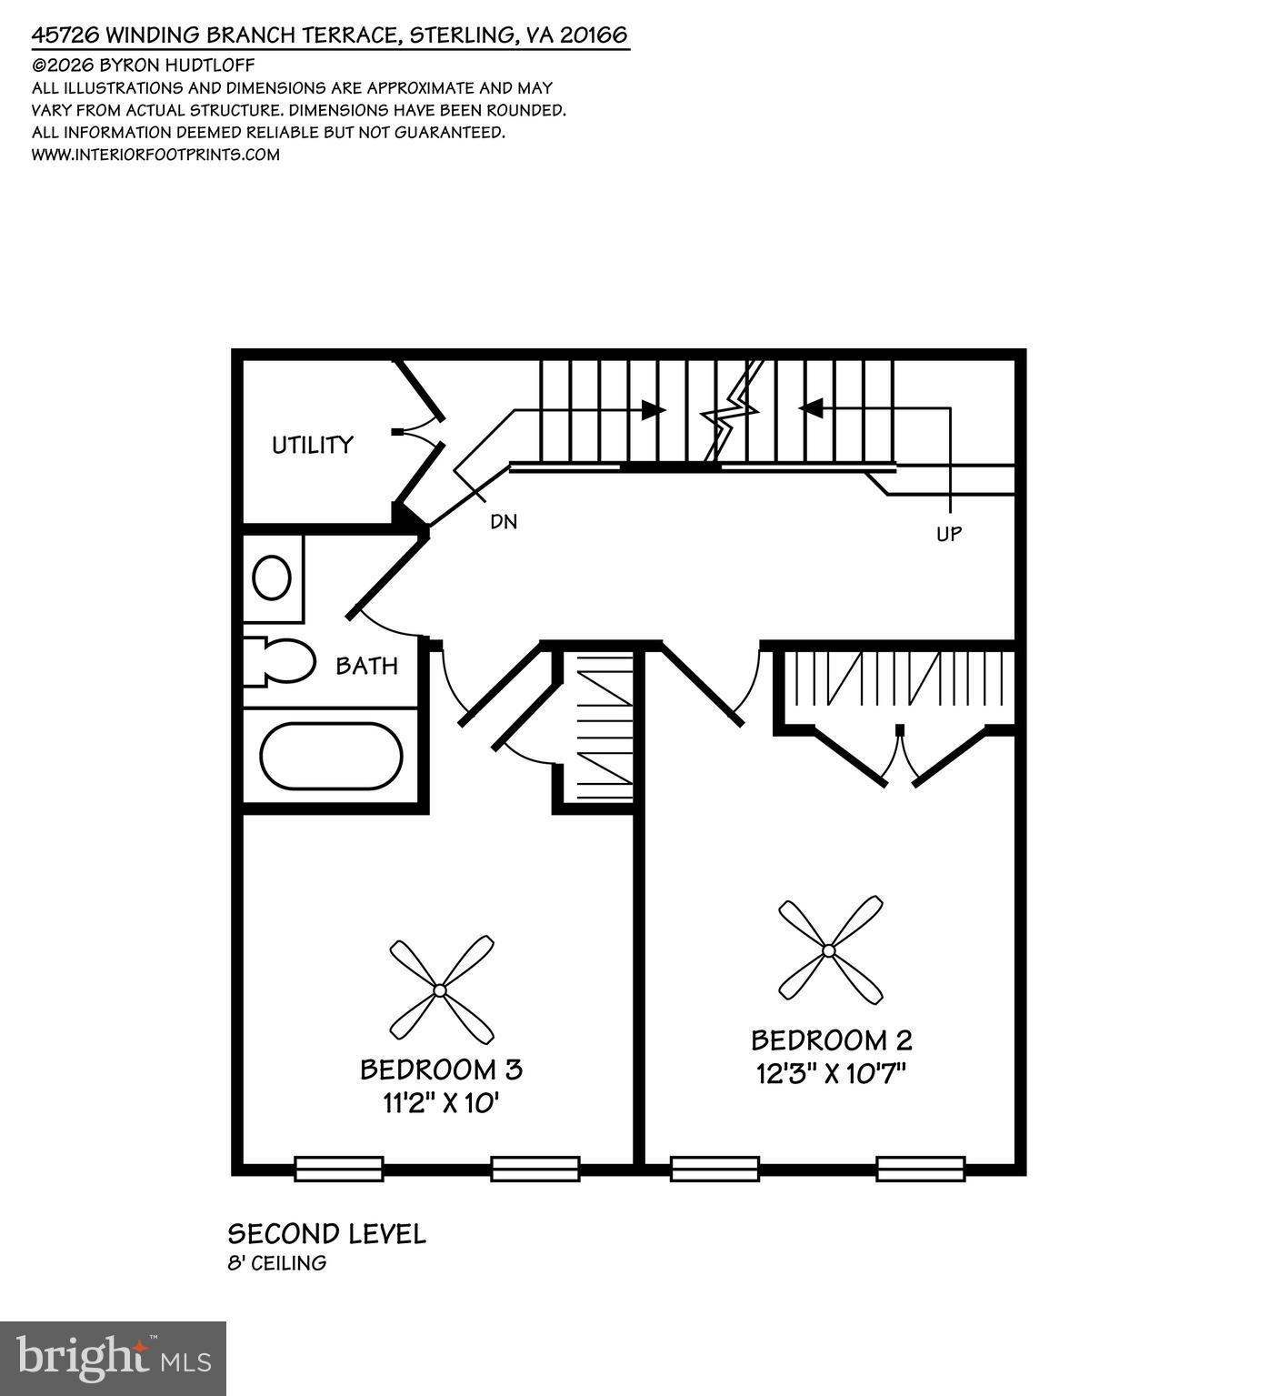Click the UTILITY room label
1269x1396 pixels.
point(312,445)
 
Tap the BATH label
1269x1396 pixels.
point(366,666)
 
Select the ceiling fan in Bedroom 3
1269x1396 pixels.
point(441,989)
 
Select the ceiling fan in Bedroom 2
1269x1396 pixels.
point(829,950)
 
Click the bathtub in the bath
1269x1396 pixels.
point(331,756)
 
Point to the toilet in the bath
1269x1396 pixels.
point(282,661)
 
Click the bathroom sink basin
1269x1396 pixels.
point(271,578)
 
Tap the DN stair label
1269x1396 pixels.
point(504,522)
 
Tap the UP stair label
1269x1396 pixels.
point(949,534)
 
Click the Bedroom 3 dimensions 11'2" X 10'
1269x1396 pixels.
point(442,1104)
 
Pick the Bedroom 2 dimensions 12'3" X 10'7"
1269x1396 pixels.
point(832,1074)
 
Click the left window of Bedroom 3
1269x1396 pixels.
point(339,1169)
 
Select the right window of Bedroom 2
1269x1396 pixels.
point(920,1169)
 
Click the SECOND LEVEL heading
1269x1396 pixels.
point(326,1234)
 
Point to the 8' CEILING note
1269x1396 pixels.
point(276,1263)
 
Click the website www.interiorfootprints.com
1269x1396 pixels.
point(155,155)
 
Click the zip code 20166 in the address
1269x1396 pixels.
point(594,35)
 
